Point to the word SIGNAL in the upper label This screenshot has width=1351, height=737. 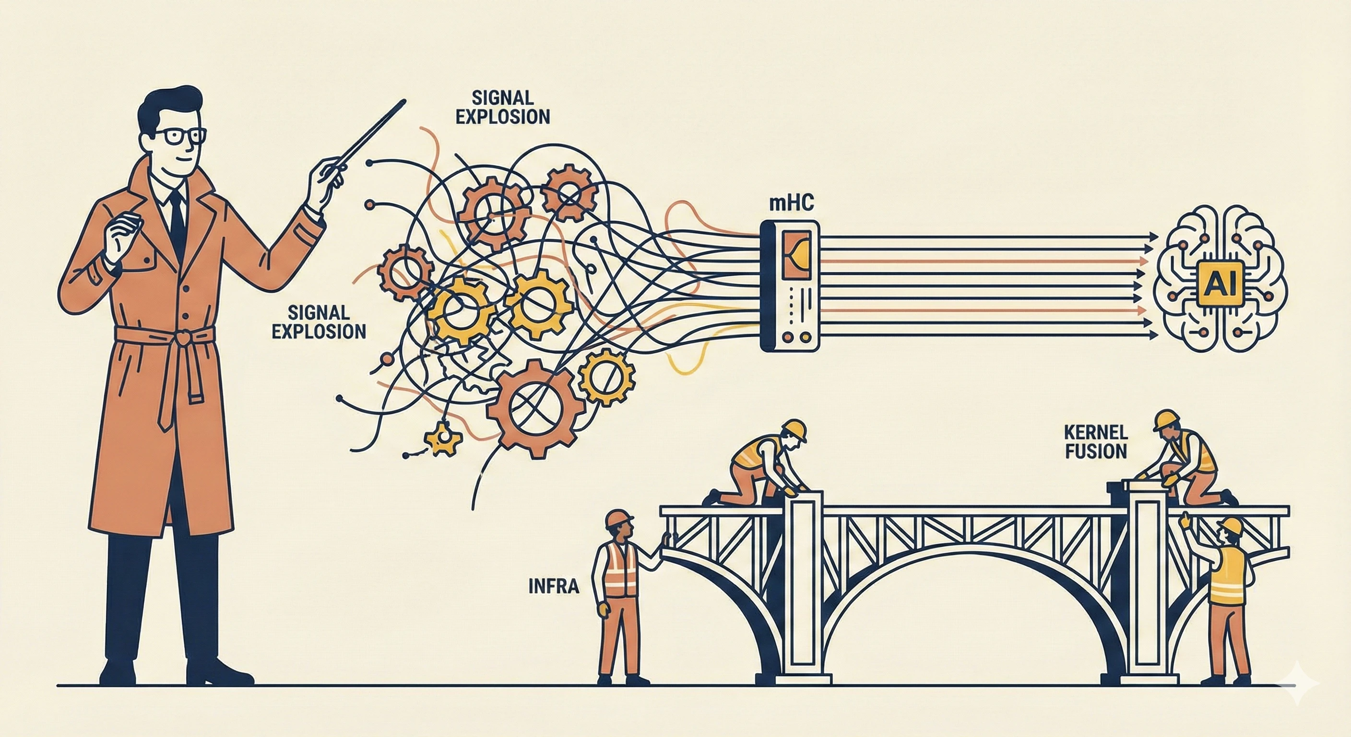502,97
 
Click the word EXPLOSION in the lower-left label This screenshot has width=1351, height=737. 320,332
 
